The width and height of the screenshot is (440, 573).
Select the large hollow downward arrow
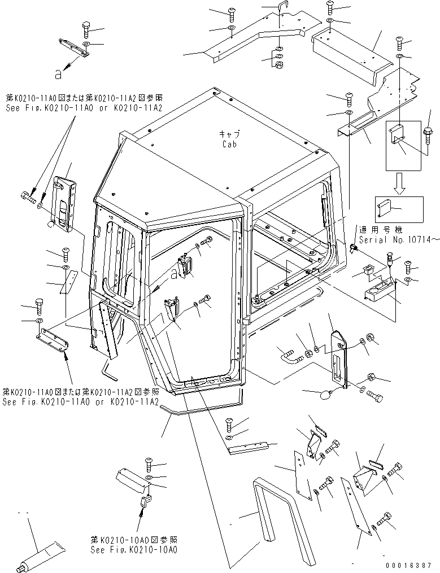click(399, 183)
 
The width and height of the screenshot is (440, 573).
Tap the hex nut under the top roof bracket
click(278, 65)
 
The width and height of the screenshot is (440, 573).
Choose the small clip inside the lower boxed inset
click(385, 209)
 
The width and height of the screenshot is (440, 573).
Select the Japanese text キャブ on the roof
click(229, 134)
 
